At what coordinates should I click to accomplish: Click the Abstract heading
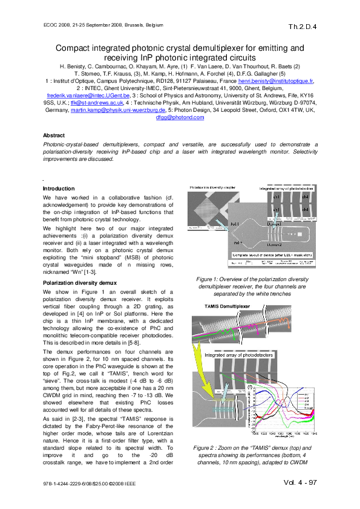(x=55, y=135)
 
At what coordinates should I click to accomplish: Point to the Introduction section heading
(x=59, y=189)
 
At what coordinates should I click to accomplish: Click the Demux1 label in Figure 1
(x=273, y=224)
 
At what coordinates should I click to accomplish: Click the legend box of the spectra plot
(x=308, y=400)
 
